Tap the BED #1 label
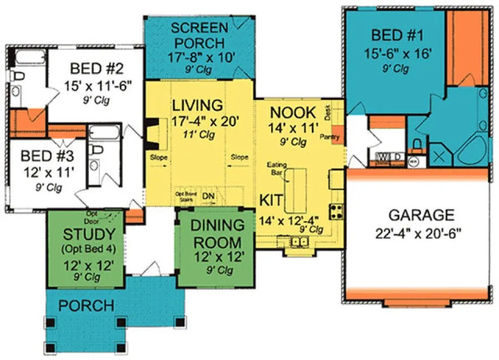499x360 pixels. click(389, 36)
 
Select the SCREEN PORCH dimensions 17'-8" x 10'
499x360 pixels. click(200, 57)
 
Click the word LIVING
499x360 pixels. click(197, 105)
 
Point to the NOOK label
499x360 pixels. click(292, 113)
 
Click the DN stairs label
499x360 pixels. click(208, 196)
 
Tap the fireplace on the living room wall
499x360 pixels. click(151, 133)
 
